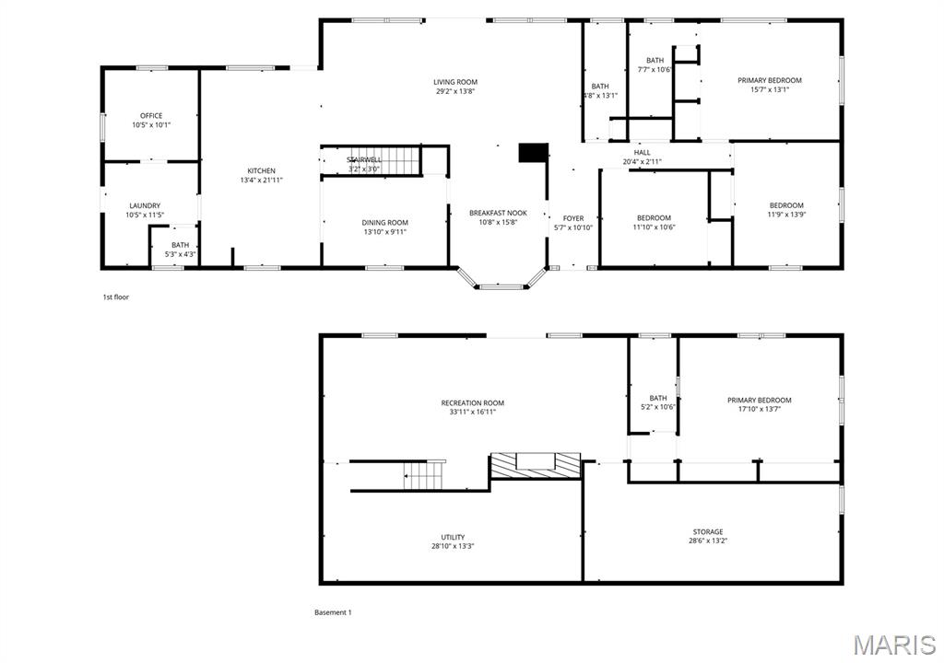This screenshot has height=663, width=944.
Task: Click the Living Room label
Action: [x=455, y=82]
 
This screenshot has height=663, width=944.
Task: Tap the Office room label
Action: [x=151, y=116]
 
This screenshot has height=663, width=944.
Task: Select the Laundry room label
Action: [x=145, y=205]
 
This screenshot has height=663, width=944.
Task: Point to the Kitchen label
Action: [x=261, y=170]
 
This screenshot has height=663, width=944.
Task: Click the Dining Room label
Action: [x=384, y=222]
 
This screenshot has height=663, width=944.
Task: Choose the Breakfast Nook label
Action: [x=498, y=213]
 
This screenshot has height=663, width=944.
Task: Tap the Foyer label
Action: [x=573, y=218]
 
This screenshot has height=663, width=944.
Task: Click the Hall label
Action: [x=642, y=153]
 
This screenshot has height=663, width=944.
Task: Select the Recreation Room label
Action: [x=472, y=402]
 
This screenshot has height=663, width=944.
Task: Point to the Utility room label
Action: [x=453, y=537]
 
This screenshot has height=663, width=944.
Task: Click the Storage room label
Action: [x=708, y=531]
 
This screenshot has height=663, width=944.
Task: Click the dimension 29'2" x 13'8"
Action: [x=455, y=91]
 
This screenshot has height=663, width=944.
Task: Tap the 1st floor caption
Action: [x=116, y=297]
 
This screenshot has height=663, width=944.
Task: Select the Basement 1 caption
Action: [x=333, y=612]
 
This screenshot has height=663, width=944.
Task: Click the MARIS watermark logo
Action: [x=893, y=644]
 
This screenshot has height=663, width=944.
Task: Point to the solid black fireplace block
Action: [x=533, y=152]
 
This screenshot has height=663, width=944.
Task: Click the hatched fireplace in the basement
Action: [x=535, y=465]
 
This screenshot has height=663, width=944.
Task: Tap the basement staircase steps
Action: [x=425, y=476]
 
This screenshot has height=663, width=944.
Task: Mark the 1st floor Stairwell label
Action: [x=364, y=160]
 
